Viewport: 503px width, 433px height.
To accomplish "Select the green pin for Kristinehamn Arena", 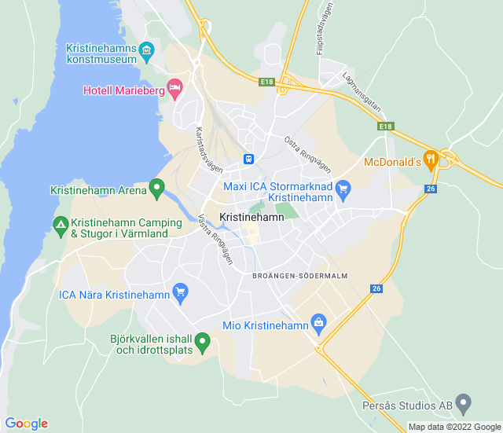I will pos(157,189).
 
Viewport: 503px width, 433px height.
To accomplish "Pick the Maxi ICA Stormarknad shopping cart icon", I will pos(343,189).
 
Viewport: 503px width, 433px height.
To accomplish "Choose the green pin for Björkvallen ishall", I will pos(202,342).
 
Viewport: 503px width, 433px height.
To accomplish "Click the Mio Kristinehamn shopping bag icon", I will pos(318,321).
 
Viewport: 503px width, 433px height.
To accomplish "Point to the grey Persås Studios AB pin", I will pos(464,405).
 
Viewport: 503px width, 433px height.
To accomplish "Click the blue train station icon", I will pos(248,159).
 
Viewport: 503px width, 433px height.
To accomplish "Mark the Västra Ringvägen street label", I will pos(215,238).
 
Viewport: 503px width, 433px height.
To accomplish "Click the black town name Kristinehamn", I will pos(251,217).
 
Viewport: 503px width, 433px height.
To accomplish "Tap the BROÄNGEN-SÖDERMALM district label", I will pos(299,275).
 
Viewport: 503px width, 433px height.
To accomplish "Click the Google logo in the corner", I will pos(26,424).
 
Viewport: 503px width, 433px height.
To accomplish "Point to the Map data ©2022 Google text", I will pos(453,427).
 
